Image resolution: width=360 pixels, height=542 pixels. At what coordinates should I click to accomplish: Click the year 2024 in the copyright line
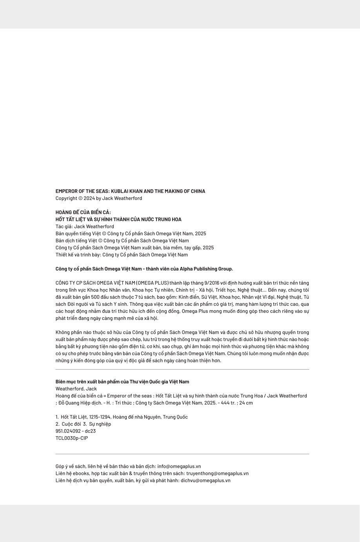[90, 198]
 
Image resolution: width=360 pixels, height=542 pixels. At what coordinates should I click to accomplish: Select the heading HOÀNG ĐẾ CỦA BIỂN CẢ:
[83, 212]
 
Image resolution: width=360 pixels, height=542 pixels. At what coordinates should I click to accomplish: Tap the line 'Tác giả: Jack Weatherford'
[85, 227]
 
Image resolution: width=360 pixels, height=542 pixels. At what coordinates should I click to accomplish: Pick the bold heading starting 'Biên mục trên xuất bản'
[122, 382]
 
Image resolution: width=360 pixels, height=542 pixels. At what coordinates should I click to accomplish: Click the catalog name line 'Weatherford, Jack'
[76, 389]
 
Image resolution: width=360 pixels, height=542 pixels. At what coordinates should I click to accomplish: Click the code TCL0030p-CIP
[72, 438]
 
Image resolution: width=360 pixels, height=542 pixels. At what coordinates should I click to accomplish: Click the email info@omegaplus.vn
[179, 466]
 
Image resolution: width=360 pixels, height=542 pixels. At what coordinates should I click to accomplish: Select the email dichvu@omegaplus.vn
[205, 480]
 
